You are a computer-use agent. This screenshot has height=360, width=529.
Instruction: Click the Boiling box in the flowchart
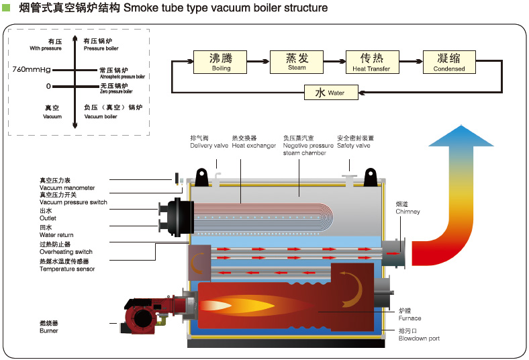point(221,61)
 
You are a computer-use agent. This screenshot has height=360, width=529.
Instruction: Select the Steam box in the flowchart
point(297,61)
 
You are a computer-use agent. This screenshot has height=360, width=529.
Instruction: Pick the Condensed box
point(448,61)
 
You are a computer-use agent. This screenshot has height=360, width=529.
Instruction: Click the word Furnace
point(410,318)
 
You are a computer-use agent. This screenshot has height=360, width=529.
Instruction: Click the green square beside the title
point(6,8)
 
